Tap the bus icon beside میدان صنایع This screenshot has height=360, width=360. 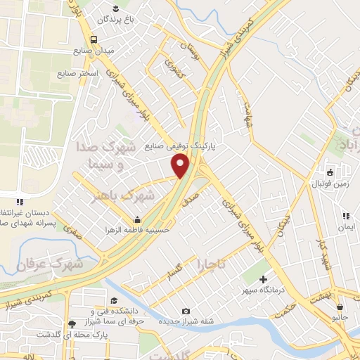coord(94,40)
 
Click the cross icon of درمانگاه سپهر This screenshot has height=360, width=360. coord(263,281)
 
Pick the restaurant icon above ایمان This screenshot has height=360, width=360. coord(345,217)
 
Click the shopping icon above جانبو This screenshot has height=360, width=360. coord(341,306)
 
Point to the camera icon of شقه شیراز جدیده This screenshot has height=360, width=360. coord(186,311)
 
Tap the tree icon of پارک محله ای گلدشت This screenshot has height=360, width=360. coord(71,324)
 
